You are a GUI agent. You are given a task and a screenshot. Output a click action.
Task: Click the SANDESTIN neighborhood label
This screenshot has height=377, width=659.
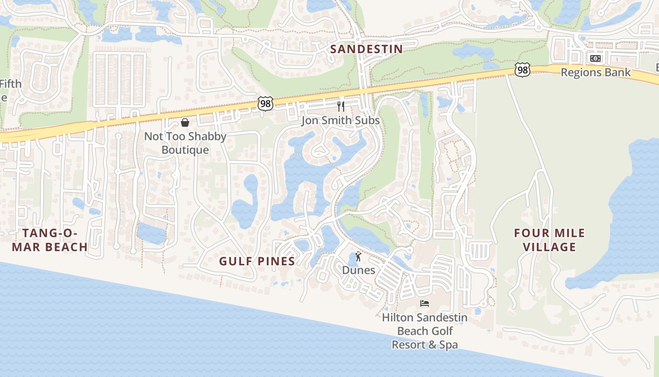point(366,49)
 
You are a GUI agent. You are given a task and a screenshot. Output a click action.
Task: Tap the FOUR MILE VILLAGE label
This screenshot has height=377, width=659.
point(549,240)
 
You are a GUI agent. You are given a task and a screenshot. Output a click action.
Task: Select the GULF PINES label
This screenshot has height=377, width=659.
point(257,261)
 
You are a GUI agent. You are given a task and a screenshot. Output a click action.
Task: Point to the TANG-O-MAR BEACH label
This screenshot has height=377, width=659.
point(49,240)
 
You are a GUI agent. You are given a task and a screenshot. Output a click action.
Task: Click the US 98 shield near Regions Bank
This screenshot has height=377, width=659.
point(522,70)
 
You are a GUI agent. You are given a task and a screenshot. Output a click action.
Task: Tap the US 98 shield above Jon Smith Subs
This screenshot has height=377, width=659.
point(265,104)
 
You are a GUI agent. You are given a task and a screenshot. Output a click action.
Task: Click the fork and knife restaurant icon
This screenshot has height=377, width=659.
point(341,107)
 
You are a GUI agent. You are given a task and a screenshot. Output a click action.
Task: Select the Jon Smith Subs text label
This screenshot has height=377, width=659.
point(340,121)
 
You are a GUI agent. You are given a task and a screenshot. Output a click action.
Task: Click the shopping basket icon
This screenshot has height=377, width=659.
point(185,123)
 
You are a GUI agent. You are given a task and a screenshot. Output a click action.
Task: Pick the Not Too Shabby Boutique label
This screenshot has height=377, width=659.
point(185,143)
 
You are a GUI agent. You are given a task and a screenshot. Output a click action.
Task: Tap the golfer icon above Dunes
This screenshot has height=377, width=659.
point(358,257)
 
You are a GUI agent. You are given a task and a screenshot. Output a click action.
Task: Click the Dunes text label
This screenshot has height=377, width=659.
point(359,270)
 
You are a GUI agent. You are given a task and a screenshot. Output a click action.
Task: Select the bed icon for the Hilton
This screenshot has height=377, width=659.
point(425,303)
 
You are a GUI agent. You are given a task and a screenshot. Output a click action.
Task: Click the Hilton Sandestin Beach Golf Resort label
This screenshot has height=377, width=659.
point(425,331)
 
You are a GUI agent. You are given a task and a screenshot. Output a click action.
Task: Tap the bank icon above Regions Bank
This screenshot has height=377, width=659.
point(595,58)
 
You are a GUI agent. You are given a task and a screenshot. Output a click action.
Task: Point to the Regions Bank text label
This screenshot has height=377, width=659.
point(595,73)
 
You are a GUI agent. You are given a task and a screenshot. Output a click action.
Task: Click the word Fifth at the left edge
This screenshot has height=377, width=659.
point(10,84)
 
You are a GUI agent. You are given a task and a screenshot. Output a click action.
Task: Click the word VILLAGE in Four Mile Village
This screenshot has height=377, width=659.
point(549,247)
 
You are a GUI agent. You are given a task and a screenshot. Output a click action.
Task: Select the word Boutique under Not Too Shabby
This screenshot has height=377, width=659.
point(185,150)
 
